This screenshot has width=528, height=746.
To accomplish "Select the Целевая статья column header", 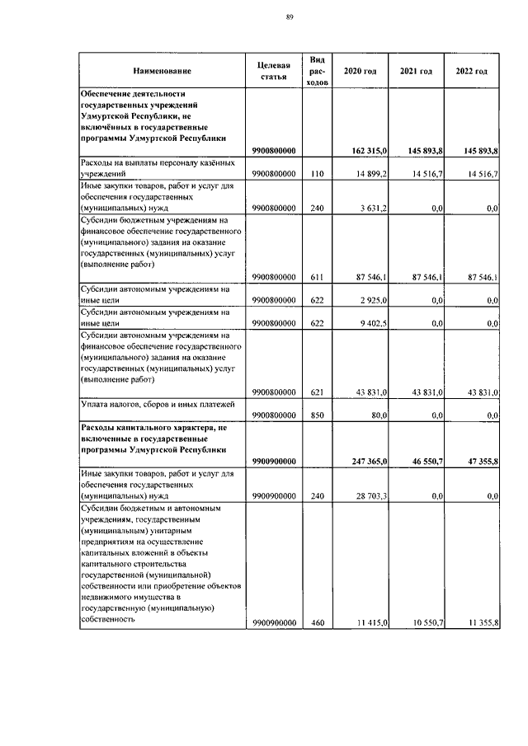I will click(273, 72).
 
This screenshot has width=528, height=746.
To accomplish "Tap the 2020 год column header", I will click(360, 72).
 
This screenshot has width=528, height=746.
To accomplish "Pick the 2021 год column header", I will click(416, 72).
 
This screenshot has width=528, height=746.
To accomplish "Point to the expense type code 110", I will click(318, 174).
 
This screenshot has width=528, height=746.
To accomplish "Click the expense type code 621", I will click(318, 392).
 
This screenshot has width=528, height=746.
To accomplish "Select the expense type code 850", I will click(318, 416).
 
